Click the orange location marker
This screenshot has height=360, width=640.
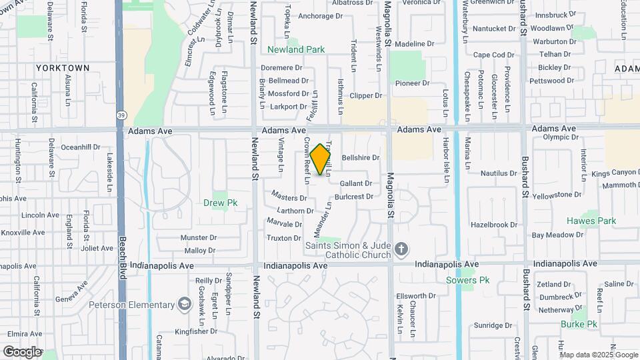pyautogui.click(x=321, y=159)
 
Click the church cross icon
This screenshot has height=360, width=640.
pyautogui.click(x=401, y=250)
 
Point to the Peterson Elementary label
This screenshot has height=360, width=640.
pyautogui.click(x=131, y=305)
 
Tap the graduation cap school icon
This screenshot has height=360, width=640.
pyautogui.click(x=183, y=305)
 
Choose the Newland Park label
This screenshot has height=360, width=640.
pyautogui.click(x=296, y=49)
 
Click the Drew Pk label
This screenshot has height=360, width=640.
pyautogui.click(x=216, y=203)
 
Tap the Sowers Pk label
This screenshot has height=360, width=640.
pyautogui.click(x=468, y=280)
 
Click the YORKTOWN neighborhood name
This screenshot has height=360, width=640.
pyautogui.click(x=63, y=68)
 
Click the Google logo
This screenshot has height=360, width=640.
pyautogui.click(x=21, y=351)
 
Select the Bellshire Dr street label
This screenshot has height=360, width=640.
pyautogui.click(x=360, y=158)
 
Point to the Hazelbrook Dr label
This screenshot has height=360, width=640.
pyautogui.click(x=493, y=225)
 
